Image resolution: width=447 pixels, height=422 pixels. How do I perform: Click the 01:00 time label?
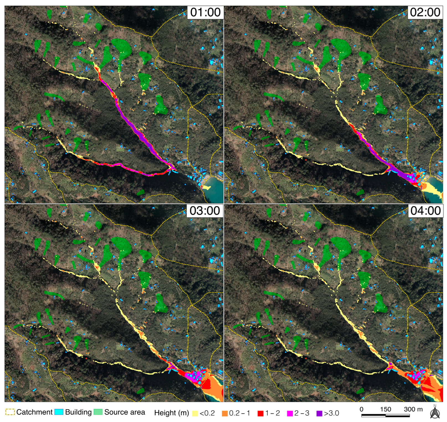[x=205, y=12]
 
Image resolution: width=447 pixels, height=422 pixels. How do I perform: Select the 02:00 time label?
[x=425, y=12]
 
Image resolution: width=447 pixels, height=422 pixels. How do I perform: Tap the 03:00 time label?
[x=205, y=211]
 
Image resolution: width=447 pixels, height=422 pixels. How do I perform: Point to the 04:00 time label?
[x=425, y=211]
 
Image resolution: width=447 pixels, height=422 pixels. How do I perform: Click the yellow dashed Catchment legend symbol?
[x=10, y=412]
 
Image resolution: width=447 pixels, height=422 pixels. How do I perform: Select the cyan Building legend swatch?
[x=59, y=412]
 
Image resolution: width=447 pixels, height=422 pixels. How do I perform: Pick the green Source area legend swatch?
[x=98, y=412]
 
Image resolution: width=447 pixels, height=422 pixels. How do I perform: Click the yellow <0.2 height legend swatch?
[x=195, y=413]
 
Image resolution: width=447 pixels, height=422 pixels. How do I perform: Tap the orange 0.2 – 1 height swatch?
[x=225, y=413]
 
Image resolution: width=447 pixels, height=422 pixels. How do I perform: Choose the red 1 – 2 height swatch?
[x=260, y=413]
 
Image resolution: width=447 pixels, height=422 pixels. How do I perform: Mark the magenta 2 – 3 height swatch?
[x=290, y=413]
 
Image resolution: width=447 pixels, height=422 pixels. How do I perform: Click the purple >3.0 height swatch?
[x=319, y=413]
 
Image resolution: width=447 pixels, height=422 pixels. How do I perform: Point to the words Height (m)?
[x=171, y=413]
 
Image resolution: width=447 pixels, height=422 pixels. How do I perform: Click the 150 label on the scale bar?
[x=386, y=409]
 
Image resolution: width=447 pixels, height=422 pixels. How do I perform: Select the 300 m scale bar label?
[x=413, y=409]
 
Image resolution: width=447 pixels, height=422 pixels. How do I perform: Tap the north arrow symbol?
[x=435, y=412]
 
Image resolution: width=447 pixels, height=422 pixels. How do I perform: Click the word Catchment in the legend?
[x=34, y=412]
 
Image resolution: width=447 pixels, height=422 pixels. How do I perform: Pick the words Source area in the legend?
[x=125, y=412]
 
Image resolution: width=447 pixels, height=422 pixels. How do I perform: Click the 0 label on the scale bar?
[x=361, y=409]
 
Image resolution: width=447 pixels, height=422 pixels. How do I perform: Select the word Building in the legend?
[x=78, y=412]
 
